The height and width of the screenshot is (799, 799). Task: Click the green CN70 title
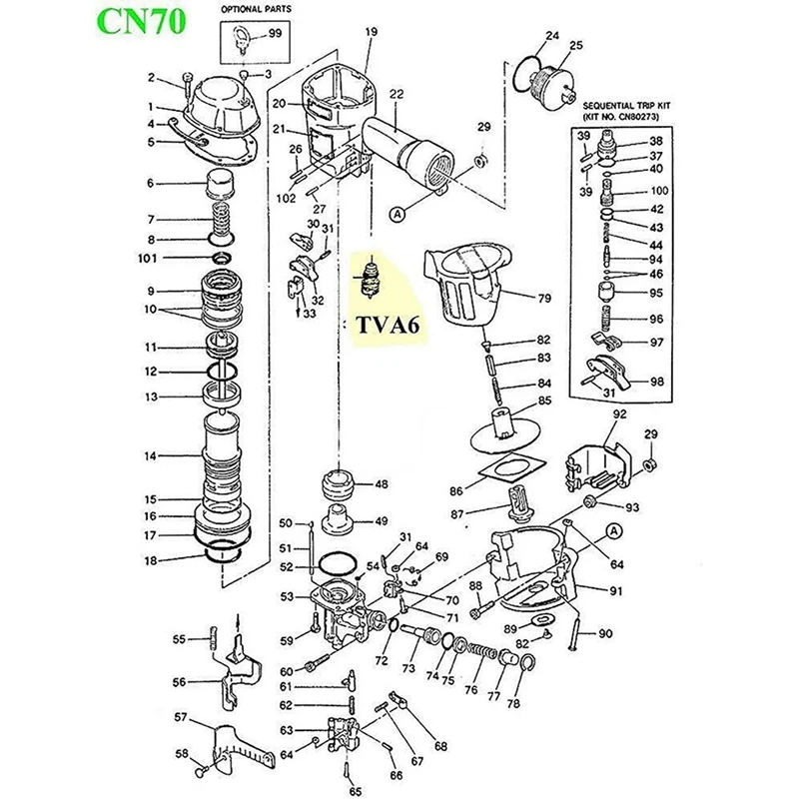[x=142, y=21]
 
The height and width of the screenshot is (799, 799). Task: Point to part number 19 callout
[x=372, y=33]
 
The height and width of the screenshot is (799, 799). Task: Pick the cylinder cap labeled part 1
[x=218, y=105]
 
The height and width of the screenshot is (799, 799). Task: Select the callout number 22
[x=397, y=94]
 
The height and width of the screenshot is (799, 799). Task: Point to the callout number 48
[x=381, y=484]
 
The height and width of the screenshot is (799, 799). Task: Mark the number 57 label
[x=181, y=717]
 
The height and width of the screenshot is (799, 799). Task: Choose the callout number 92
[x=619, y=412]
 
